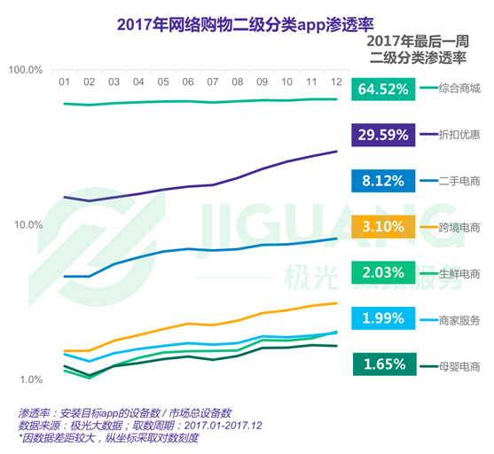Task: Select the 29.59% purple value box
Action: (x=383, y=135)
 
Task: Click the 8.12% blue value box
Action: (x=383, y=181)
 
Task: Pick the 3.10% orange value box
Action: (x=383, y=226)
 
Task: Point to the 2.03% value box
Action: (x=383, y=272)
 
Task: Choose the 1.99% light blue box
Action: (x=383, y=318)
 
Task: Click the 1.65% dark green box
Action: (x=383, y=364)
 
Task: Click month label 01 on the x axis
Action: (x=65, y=82)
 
